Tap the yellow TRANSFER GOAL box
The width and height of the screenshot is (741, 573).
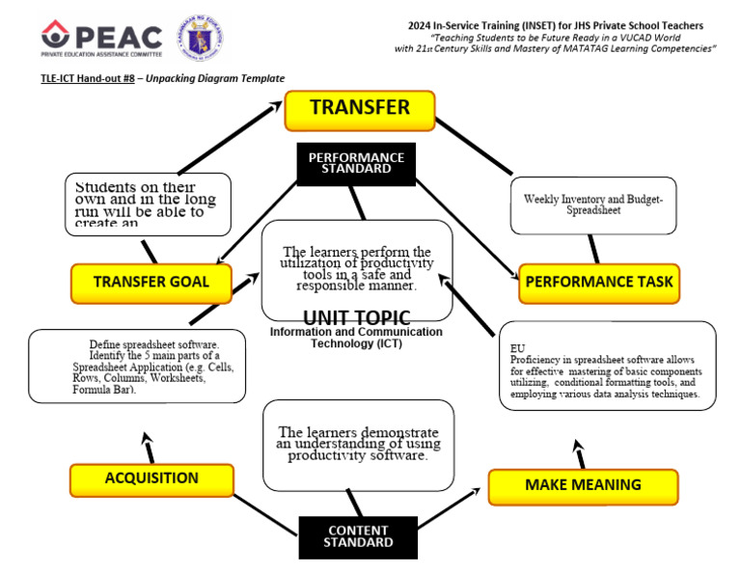151,283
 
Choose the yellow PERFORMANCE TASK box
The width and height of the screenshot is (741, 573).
598,284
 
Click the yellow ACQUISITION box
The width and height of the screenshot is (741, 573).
151,478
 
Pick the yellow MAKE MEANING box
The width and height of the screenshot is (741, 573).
583,485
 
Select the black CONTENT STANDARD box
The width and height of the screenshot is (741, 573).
357,536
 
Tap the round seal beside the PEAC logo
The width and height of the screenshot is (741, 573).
197,38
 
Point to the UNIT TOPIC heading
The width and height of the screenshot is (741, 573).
356,317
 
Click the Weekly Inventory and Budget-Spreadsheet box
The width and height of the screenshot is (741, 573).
592,205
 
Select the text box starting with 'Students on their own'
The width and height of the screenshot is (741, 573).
148,204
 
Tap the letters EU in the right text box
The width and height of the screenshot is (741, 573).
517,347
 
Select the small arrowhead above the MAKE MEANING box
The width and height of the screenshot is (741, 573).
578,447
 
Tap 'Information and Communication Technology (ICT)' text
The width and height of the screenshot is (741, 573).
356,338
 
